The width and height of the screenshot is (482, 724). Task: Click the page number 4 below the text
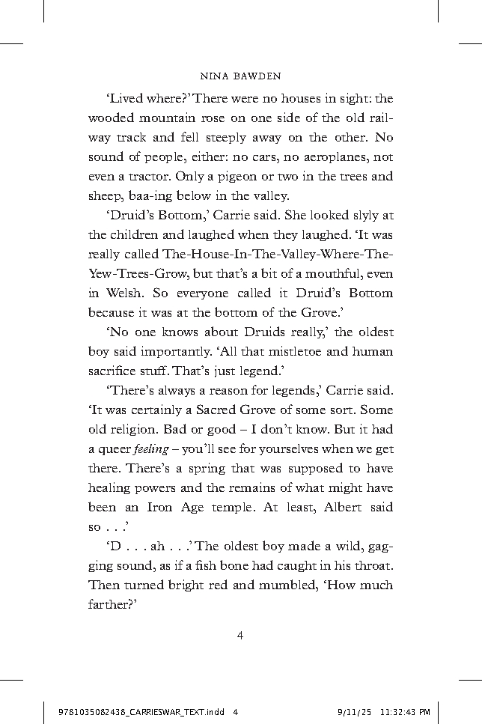coord(240,636)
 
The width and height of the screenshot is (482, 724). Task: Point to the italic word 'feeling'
coord(153,449)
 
